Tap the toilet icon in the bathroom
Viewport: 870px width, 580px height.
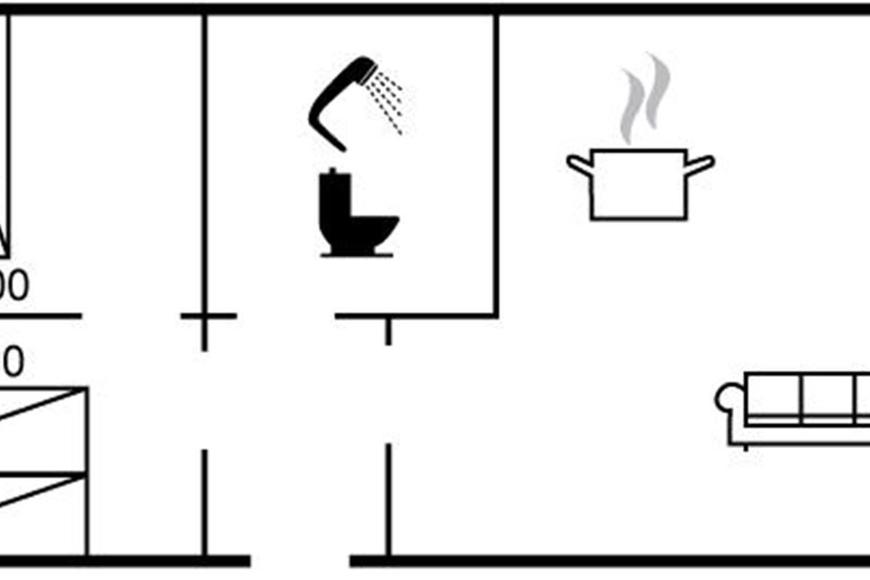tap(355, 215)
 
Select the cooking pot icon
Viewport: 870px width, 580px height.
tap(638, 184)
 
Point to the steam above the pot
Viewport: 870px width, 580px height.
tap(645, 98)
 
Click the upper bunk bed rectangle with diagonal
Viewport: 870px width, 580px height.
tap(43, 431)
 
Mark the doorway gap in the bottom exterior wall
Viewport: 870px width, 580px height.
tap(300, 560)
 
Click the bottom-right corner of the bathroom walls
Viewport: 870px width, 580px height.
tap(496, 316)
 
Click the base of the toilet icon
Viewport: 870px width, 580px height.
tap(357, 253)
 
